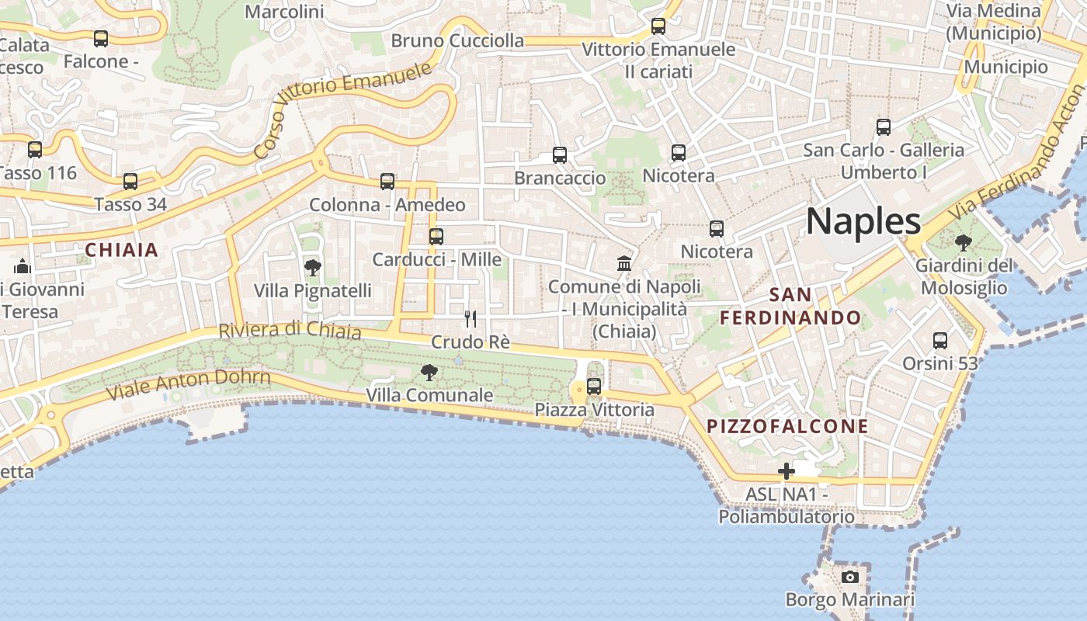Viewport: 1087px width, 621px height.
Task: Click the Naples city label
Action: [863, 221]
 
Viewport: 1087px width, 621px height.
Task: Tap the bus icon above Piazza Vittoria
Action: [594, 386]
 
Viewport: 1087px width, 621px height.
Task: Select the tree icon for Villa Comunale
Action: [429, 373]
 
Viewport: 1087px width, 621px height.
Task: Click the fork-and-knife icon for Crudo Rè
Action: [471, 319]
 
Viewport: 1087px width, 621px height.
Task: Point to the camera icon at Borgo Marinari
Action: [850, 577]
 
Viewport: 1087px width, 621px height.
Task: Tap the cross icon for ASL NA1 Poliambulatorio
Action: [787, 470]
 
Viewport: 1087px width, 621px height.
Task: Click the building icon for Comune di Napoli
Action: [624, 263]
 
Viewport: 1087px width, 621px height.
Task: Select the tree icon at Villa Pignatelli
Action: [313, 268]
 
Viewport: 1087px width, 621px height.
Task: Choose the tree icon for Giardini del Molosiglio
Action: [964, 243]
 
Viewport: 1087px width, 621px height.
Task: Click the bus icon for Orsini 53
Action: [940, 340]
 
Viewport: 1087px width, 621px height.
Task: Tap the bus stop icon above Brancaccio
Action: [560, 154]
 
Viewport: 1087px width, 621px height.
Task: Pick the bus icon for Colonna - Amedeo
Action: [387, 182]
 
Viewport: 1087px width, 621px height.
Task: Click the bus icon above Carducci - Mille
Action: [436, 236]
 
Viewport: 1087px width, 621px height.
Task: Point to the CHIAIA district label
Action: [122, 250]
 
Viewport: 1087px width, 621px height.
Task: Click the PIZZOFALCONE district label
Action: [787, 426]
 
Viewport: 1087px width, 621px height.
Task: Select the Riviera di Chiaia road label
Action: [290, 330]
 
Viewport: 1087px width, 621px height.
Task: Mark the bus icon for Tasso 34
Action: [130, 182]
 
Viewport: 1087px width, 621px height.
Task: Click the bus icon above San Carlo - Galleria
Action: [884, 127]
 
